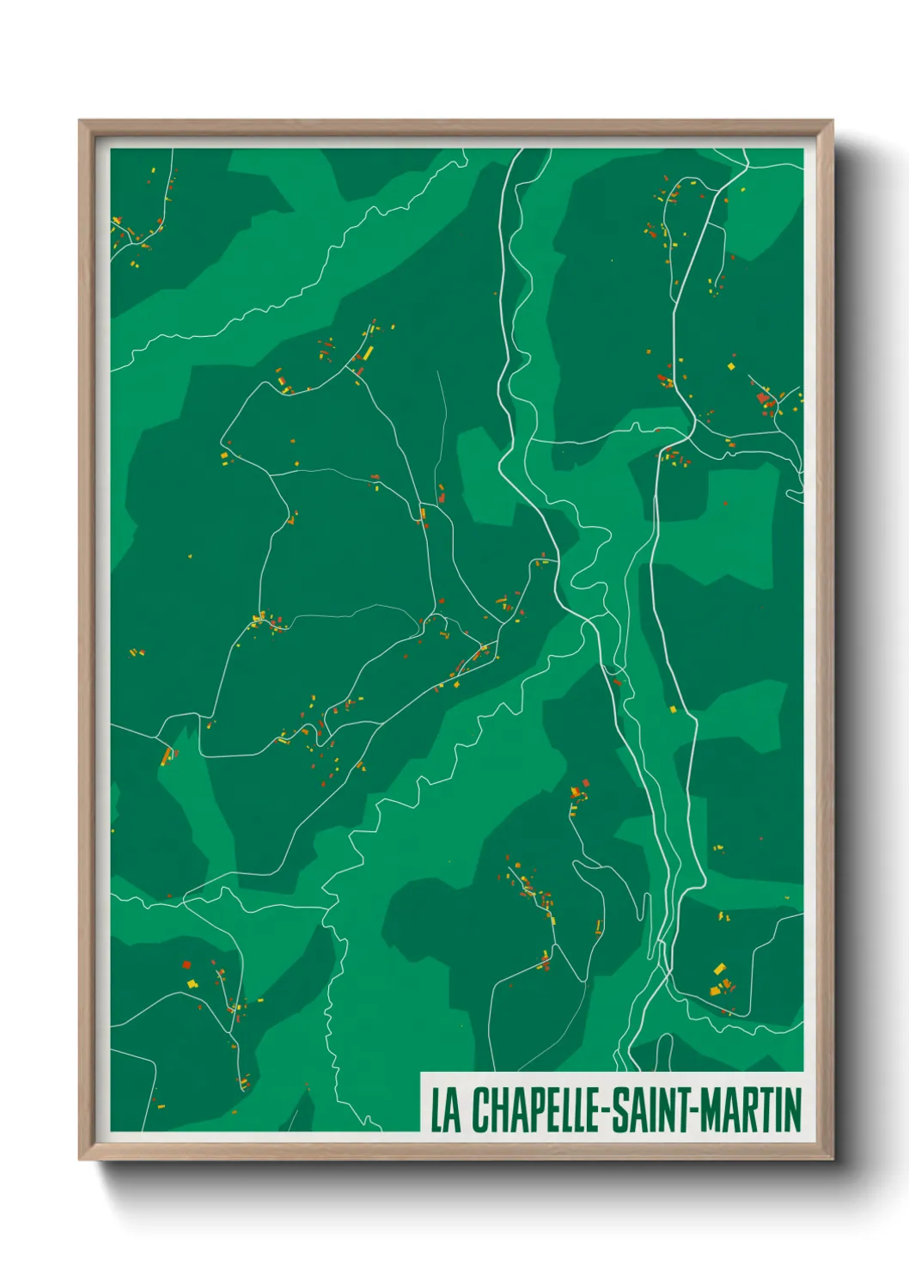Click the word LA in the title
[x=444, y=1110]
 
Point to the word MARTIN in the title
[x=750, y=1110]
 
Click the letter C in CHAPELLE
[x=479, y=1110]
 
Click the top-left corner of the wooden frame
[x=80, y=121]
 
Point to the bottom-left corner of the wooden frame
[x=80, y=1159]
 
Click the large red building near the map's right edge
[x=762, y=397]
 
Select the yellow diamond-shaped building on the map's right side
[x=731, y=367]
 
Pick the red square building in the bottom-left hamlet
[x=186, y=964]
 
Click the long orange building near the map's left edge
[x=166, y=756]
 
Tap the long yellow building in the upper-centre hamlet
[x=368, y=352]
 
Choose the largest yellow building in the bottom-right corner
[x=719, y=969]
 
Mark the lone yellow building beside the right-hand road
[x=673, y=709]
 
